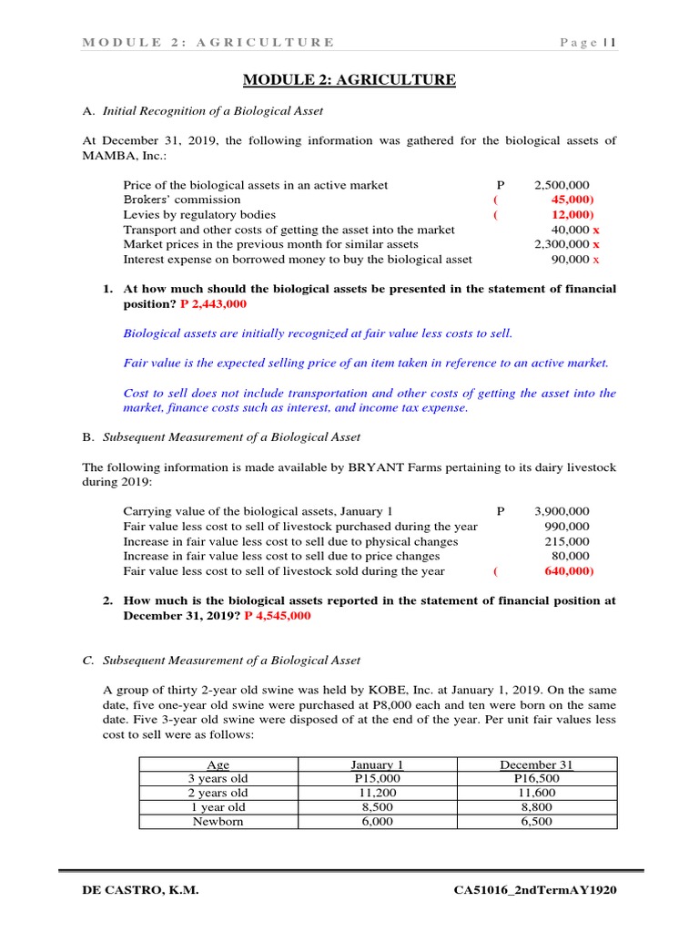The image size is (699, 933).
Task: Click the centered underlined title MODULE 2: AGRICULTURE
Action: [x=349, y=80]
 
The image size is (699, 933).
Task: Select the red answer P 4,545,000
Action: [x=277, y=616]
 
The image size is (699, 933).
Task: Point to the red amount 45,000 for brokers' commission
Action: [x=572, y=200]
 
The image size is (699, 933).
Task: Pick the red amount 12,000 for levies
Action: [x=572, y=215]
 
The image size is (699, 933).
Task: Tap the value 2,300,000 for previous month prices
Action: [x=562, y=244]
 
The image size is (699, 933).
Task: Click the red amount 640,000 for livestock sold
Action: [x=569, y=571]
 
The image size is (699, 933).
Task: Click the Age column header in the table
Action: [x=219, y=764]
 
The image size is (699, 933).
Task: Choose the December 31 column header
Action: [x=536, y=764]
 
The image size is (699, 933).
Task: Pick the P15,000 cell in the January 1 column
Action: [x=376, y=779]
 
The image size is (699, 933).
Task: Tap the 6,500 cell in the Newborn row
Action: [x=536, y=821]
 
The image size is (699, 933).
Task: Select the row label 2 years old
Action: [x=218, y=793]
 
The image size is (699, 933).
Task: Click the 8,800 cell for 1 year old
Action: [x=536, y=807]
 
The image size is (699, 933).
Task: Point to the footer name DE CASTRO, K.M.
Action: [x=140, y=890]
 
